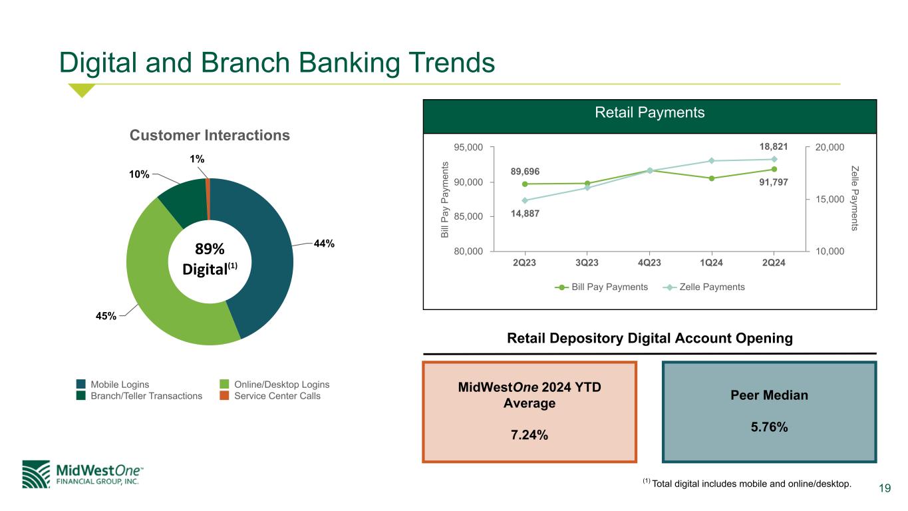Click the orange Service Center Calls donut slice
coord(208,199)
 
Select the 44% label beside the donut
coord(324,244)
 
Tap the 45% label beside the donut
coord(106,316)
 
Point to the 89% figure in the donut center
coord(210,249)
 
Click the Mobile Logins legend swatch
coord(80,384)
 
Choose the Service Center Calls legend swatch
coord(224,395)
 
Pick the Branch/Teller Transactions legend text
coord(146,396)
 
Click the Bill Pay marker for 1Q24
coord(711,178)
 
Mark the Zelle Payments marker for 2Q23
coord(525,200)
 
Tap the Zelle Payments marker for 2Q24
coord(774,160)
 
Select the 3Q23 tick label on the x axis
coord(587,263)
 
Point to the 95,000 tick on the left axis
coord(468,147)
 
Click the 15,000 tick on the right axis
coord(830,199)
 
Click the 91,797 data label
coord(774,182)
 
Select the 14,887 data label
coord(525,214)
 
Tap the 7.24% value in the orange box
coord(530,434)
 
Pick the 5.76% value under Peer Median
coord(769,426)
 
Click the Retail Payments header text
coord(649,112)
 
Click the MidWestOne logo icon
coord(36,474)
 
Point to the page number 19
coord(885,488)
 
